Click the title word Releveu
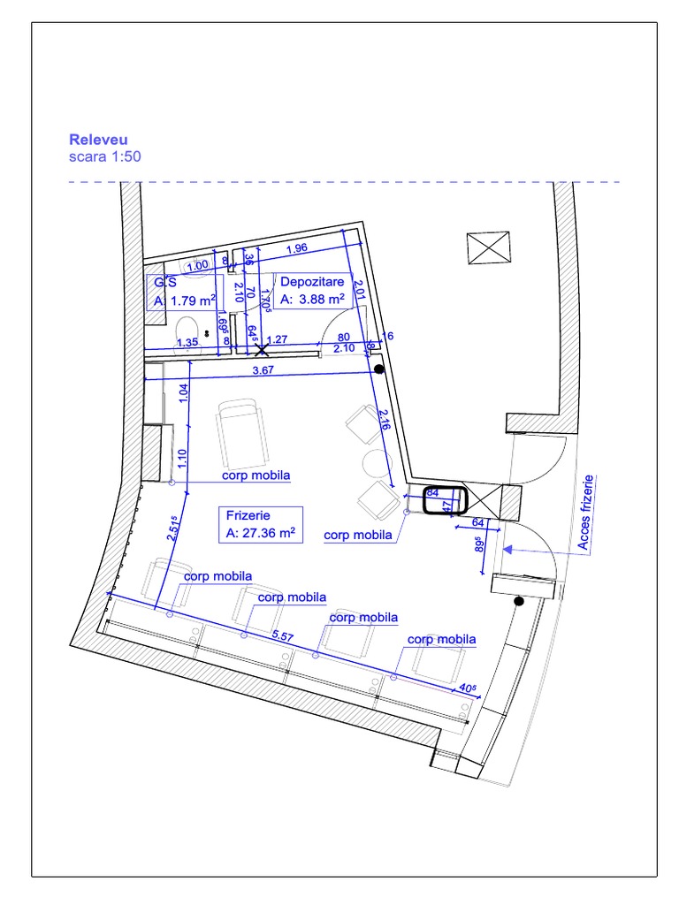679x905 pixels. [x=98, y=140]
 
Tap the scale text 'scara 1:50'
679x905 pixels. [x=104, y=156]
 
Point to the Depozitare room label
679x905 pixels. [x=313, y=291]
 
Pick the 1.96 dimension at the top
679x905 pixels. [x=296, y=247]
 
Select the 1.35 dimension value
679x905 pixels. [x=187, y=342]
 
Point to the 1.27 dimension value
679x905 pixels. [x=277, y=339]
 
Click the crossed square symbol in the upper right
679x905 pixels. [x=489, y=247]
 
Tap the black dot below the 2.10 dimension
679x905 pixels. [x=378, y=369]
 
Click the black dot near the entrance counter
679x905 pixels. [x=519, y=602]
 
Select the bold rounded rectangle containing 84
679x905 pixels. [x=444, y=500]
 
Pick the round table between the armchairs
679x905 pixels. [x=380, y=464]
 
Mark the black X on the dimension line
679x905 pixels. [x=261, y=350]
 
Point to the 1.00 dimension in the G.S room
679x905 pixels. [x=198, y=265]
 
